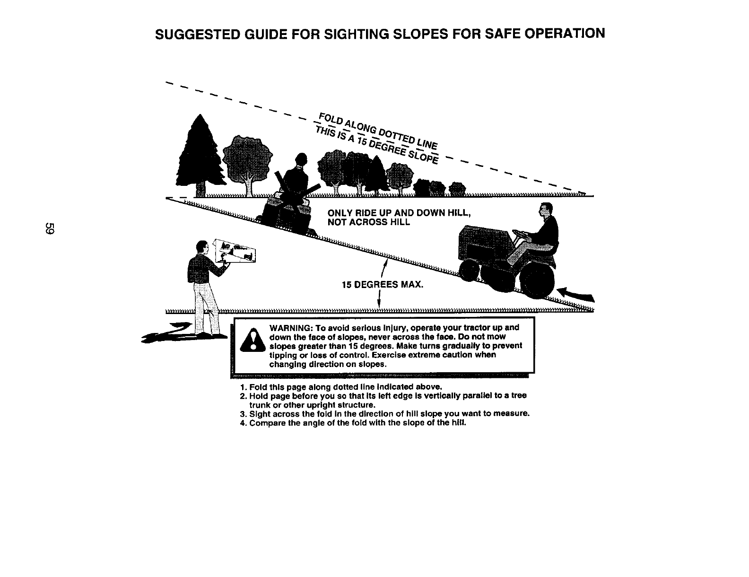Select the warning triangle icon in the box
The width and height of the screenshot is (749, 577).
point(252,341)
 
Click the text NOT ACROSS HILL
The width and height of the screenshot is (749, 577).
point(369,222)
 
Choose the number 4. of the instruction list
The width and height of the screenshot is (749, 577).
point(243,423)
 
